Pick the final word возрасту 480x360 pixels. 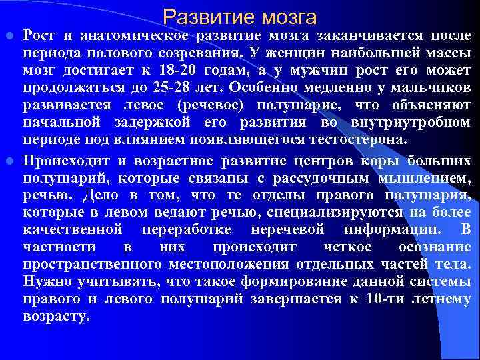pos(56,316)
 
